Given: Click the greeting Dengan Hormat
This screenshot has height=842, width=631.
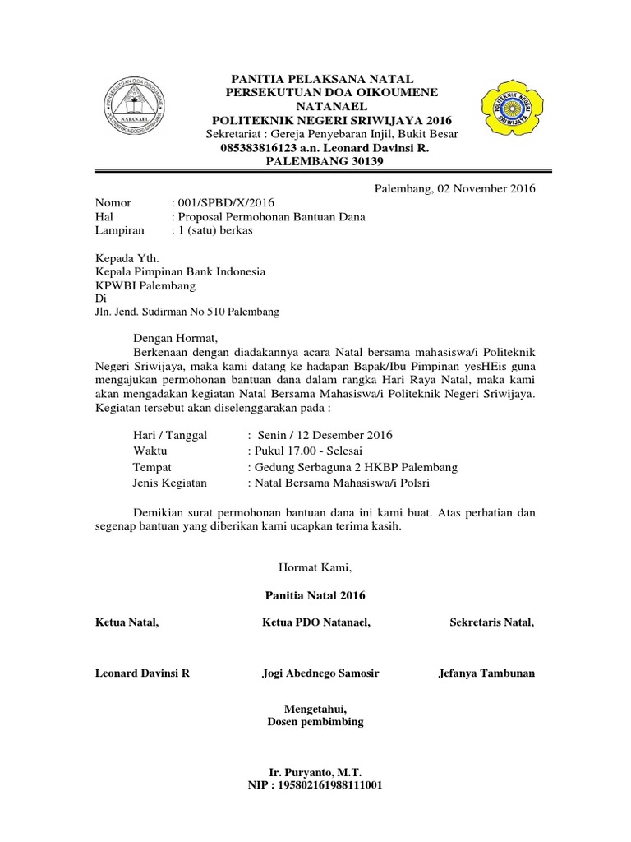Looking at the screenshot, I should (x=176, y=337).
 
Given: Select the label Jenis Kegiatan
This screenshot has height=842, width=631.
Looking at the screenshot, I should (x=170, y=483).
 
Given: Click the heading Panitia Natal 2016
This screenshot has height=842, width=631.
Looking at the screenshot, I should (x=315, y=594).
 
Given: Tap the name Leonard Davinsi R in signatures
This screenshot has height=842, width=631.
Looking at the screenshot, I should (x=143, y=673).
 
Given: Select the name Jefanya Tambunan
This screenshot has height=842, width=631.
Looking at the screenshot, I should (x=487, y=673).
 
